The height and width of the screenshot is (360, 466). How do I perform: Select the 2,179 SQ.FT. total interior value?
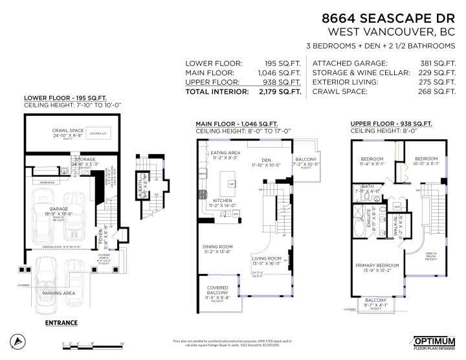[285, 92]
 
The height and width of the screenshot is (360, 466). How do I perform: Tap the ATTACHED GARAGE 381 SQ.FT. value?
[440, 63]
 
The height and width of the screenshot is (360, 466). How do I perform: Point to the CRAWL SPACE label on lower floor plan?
[69, 131]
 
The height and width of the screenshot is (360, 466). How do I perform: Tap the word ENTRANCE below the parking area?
[61, 322]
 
